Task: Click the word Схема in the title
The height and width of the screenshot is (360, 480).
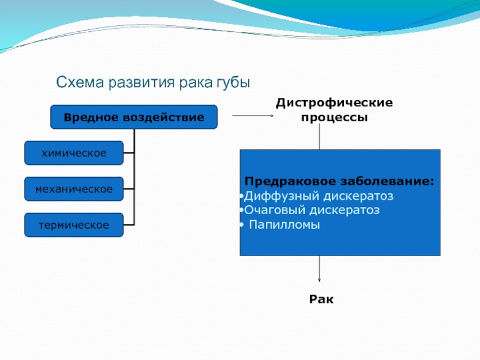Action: point(80,82)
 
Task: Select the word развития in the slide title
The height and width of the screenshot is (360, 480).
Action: point(142,83)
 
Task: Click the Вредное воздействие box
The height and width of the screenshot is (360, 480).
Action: point(134,117)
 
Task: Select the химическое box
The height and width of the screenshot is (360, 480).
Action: point(74,153)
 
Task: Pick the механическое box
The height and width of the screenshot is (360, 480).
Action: point(74,189)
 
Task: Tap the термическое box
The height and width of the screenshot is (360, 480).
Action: point(74,225)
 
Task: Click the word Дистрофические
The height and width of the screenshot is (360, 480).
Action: point(334,103)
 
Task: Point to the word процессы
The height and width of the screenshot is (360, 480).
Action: point(334,117)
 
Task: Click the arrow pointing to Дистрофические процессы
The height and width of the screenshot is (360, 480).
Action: point(253,115)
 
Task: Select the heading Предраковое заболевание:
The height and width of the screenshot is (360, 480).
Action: point(340,181)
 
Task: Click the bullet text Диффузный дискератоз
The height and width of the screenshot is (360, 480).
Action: point(319,196)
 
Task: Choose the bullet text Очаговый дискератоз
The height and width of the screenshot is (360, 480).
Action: point(312,210)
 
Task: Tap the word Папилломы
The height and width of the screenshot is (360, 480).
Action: point(284,224)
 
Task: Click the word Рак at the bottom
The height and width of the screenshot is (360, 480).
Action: point(322,299)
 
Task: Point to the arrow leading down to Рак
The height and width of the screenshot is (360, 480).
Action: point(319,268)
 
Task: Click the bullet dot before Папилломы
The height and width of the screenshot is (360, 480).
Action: point(242,225)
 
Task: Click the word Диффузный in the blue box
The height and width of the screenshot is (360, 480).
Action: point(281,196)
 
